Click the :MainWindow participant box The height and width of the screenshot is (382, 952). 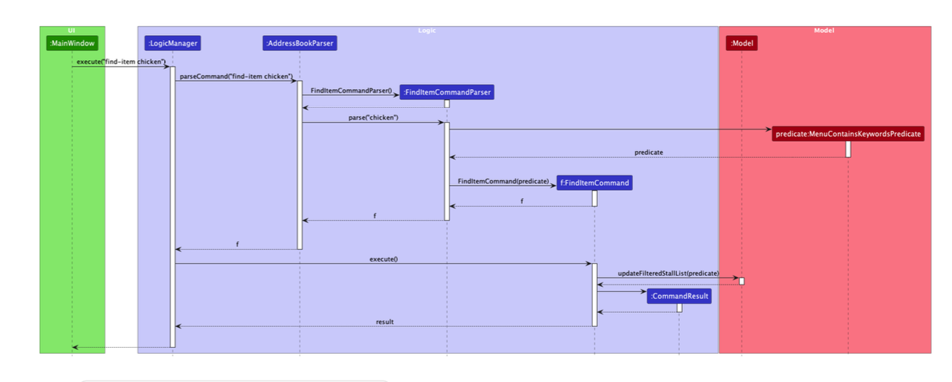point(71,44)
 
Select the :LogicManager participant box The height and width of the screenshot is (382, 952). point(173,44)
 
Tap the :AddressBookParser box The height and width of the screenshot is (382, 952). point(300,44)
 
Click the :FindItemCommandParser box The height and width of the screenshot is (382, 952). point(446,92)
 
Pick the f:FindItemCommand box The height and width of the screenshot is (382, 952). point(594,183)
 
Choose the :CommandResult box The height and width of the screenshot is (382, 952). point(679,297)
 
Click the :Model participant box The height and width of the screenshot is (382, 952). point(742,44)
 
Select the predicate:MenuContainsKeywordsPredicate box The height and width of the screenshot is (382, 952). point(848,135)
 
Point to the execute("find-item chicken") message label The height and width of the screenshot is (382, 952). point(120,62)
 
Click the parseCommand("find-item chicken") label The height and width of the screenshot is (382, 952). point(236,77)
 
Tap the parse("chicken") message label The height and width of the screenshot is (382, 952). point(373,117)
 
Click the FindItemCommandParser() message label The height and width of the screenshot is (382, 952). point(351,91)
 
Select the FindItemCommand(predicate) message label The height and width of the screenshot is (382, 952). point(503,181)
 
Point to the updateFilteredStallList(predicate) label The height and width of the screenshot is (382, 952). point(668,273)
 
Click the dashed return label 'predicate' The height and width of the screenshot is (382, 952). point(649,152)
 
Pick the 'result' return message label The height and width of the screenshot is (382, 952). point(385,322)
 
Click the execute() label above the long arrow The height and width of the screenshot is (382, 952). point(384,259)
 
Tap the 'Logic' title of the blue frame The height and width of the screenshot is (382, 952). point(427,30)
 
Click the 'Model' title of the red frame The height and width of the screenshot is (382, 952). point(824,30)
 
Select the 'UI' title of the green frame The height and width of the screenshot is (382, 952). point(71,30)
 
